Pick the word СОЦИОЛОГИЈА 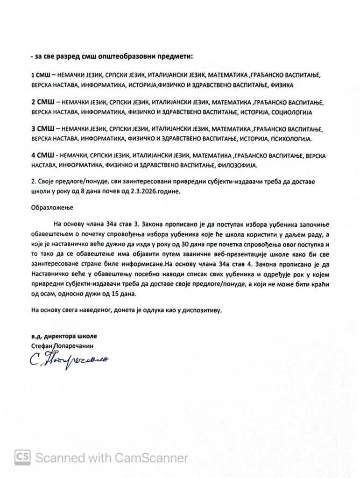292,112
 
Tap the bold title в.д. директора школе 62,336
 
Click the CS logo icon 22,457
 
